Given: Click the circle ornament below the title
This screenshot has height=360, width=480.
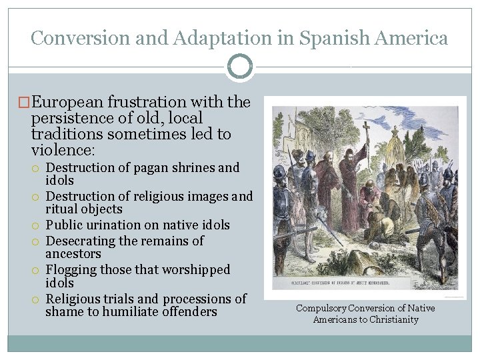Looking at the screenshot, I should coord(240,67).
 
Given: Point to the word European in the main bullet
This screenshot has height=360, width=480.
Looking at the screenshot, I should coord(63,103).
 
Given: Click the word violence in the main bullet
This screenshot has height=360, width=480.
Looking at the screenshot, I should coord(62,149).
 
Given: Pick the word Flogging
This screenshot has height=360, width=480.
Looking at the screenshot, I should coord(71,270).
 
